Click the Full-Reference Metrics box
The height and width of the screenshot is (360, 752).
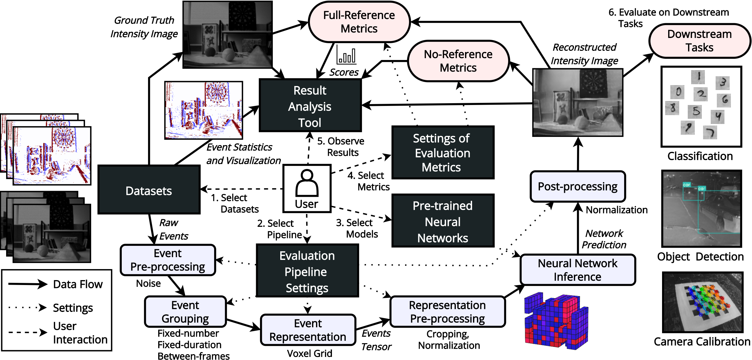[359, 22]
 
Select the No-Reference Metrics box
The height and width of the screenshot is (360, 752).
[458, 61]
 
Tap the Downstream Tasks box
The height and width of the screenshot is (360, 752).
[699, 41]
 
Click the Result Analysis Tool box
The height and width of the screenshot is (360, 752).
[310, 106]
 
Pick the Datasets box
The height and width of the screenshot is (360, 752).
[149, 190]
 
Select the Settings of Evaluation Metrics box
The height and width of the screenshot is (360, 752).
[443, 152]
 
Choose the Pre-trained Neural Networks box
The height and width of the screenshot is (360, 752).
[443, 221]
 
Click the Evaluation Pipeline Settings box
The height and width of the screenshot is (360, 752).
[307, 271]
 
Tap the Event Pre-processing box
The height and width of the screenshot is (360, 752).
[168, 260]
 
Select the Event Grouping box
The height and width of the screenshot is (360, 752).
[185, 312]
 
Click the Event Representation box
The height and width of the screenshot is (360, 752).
[308, 330]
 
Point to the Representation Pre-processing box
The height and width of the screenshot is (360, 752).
[447, 312]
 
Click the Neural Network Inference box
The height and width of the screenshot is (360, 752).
[578, 270]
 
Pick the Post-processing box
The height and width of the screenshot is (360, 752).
[578, 186]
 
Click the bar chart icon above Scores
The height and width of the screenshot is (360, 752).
[347, 55]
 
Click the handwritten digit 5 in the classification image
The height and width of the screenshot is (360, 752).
[696, 111]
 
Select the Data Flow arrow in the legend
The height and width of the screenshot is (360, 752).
[28, 284]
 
